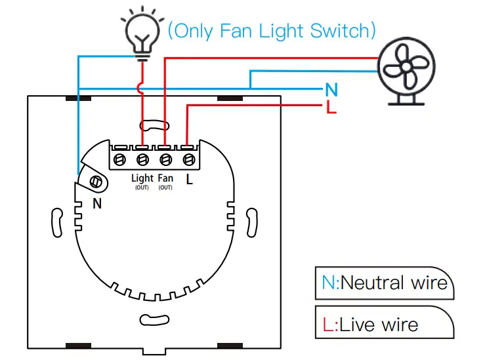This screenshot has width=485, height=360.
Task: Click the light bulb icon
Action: tap(142, 33)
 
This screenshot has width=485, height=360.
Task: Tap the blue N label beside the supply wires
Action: tap(331, 90)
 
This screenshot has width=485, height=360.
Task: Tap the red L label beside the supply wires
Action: tap(331, 108)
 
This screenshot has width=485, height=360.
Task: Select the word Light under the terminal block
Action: tap(142, 178)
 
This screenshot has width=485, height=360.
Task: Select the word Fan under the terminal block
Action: tap(165, 178)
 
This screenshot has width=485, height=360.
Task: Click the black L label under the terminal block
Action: tap(189, 179)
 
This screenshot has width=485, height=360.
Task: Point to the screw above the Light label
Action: tap(142, 160)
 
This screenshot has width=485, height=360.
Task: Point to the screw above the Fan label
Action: tap(166, 160)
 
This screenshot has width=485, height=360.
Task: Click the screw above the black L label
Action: tap(188, 160)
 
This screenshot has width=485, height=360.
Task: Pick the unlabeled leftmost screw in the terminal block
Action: tap(119, 160)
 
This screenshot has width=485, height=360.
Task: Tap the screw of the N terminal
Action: tap(96, 182)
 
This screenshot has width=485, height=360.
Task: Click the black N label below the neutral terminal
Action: tap(97, 204)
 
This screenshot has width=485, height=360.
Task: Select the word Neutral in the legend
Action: tap(373, 283)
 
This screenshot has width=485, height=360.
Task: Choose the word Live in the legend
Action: tap(357, 325)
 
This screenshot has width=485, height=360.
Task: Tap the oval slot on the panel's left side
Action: tap(57, 223)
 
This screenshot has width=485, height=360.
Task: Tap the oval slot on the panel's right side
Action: tap(252, 223)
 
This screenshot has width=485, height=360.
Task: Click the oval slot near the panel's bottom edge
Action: tap(154, 320)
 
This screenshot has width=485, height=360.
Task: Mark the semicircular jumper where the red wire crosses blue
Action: tap(139, 89)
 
